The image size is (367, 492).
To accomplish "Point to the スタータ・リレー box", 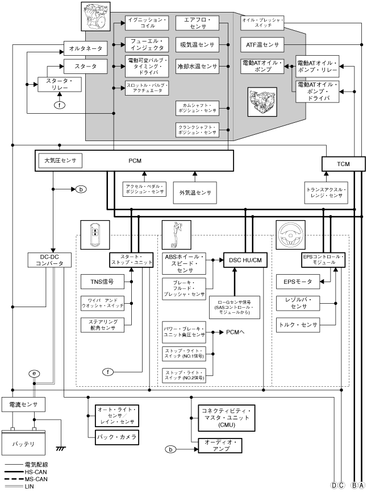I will pos(60,85).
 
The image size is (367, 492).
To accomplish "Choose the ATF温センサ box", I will pos(262,44).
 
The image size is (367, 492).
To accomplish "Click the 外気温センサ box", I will pos(195,192).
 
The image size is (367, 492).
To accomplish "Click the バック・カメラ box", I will pos(117,437).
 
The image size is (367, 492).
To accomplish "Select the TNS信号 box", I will pos(102,281).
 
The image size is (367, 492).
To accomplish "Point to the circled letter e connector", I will pos(36,373).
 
